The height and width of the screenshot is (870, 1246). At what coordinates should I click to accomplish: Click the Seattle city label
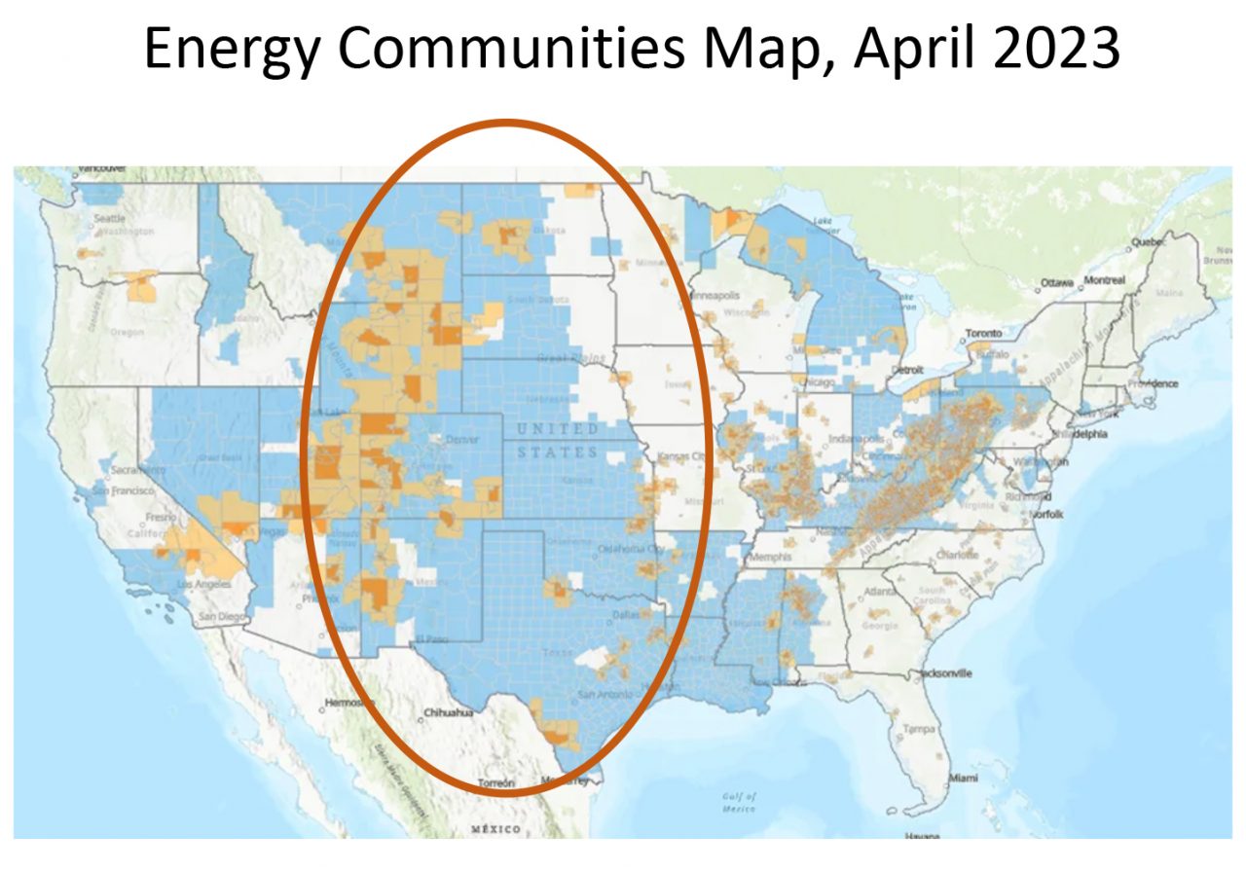(108, 219)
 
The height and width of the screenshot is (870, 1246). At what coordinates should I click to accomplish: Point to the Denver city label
(461, 440)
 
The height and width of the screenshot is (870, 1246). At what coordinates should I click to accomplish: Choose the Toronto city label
(982, 334)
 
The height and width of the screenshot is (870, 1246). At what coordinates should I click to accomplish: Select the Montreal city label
(1106, 280)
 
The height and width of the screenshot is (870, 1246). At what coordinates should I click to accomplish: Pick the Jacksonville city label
(942, 672)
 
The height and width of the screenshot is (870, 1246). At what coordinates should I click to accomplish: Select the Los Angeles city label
(203, 584)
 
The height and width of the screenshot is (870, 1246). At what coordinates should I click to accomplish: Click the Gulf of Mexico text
(746, 802)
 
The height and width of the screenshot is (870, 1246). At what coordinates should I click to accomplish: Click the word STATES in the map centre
(559, 453)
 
